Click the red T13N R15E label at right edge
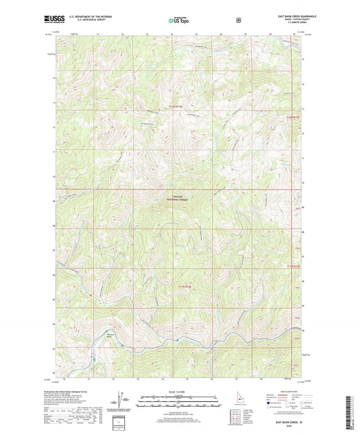pyautogui.click(x=291, y=119)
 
